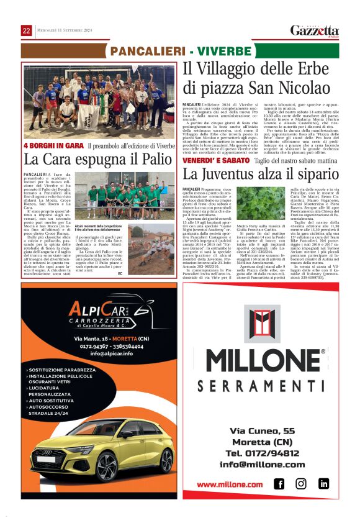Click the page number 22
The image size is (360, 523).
27,30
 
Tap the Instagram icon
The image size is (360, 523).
301,483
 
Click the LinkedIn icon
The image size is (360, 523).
323,483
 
